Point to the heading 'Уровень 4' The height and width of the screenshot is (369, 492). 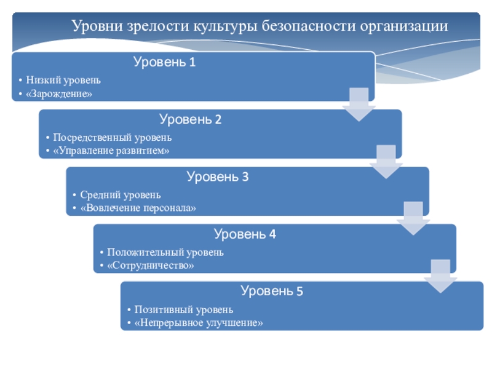click(x=245, y=234)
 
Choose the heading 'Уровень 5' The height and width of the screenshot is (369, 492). click(x=272, y=292)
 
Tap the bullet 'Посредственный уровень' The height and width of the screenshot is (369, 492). click(x=112, y=138)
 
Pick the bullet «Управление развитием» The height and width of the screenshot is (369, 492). click(x=111, y=151)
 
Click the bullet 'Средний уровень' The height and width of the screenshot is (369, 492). click(x=120, y=195)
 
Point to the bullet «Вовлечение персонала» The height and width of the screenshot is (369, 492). click(x=138, y=208)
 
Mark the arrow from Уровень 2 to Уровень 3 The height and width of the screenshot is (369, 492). click(x=386, y=162)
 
